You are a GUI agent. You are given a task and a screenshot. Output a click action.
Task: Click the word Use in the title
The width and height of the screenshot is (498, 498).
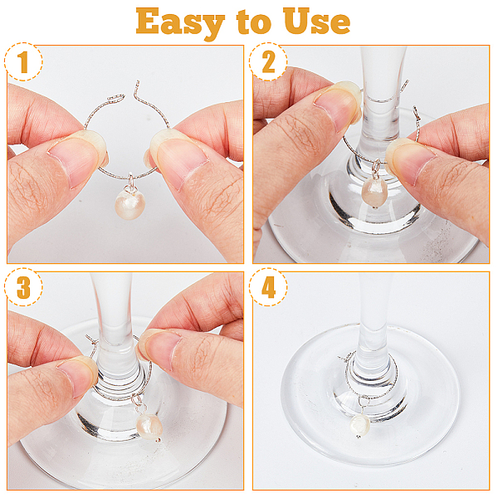pos(316,21)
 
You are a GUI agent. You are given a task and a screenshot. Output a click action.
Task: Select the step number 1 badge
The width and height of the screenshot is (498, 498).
pos(23,61)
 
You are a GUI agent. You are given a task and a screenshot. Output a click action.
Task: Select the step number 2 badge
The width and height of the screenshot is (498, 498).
pos(268,61)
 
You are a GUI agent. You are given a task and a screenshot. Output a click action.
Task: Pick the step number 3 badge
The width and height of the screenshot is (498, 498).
pos(23,287)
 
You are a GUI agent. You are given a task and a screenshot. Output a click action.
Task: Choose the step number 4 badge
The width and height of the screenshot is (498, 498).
pos(268,287)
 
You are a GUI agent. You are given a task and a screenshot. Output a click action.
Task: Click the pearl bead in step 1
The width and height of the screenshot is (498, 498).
pos(130,204)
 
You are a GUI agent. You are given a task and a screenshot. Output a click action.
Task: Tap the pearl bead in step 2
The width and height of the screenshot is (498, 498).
pos(375,193)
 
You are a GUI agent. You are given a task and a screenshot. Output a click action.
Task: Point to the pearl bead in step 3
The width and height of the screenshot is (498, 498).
pos(149,427)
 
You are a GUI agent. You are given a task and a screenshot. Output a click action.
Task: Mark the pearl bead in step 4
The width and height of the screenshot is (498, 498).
pos(360,425)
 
